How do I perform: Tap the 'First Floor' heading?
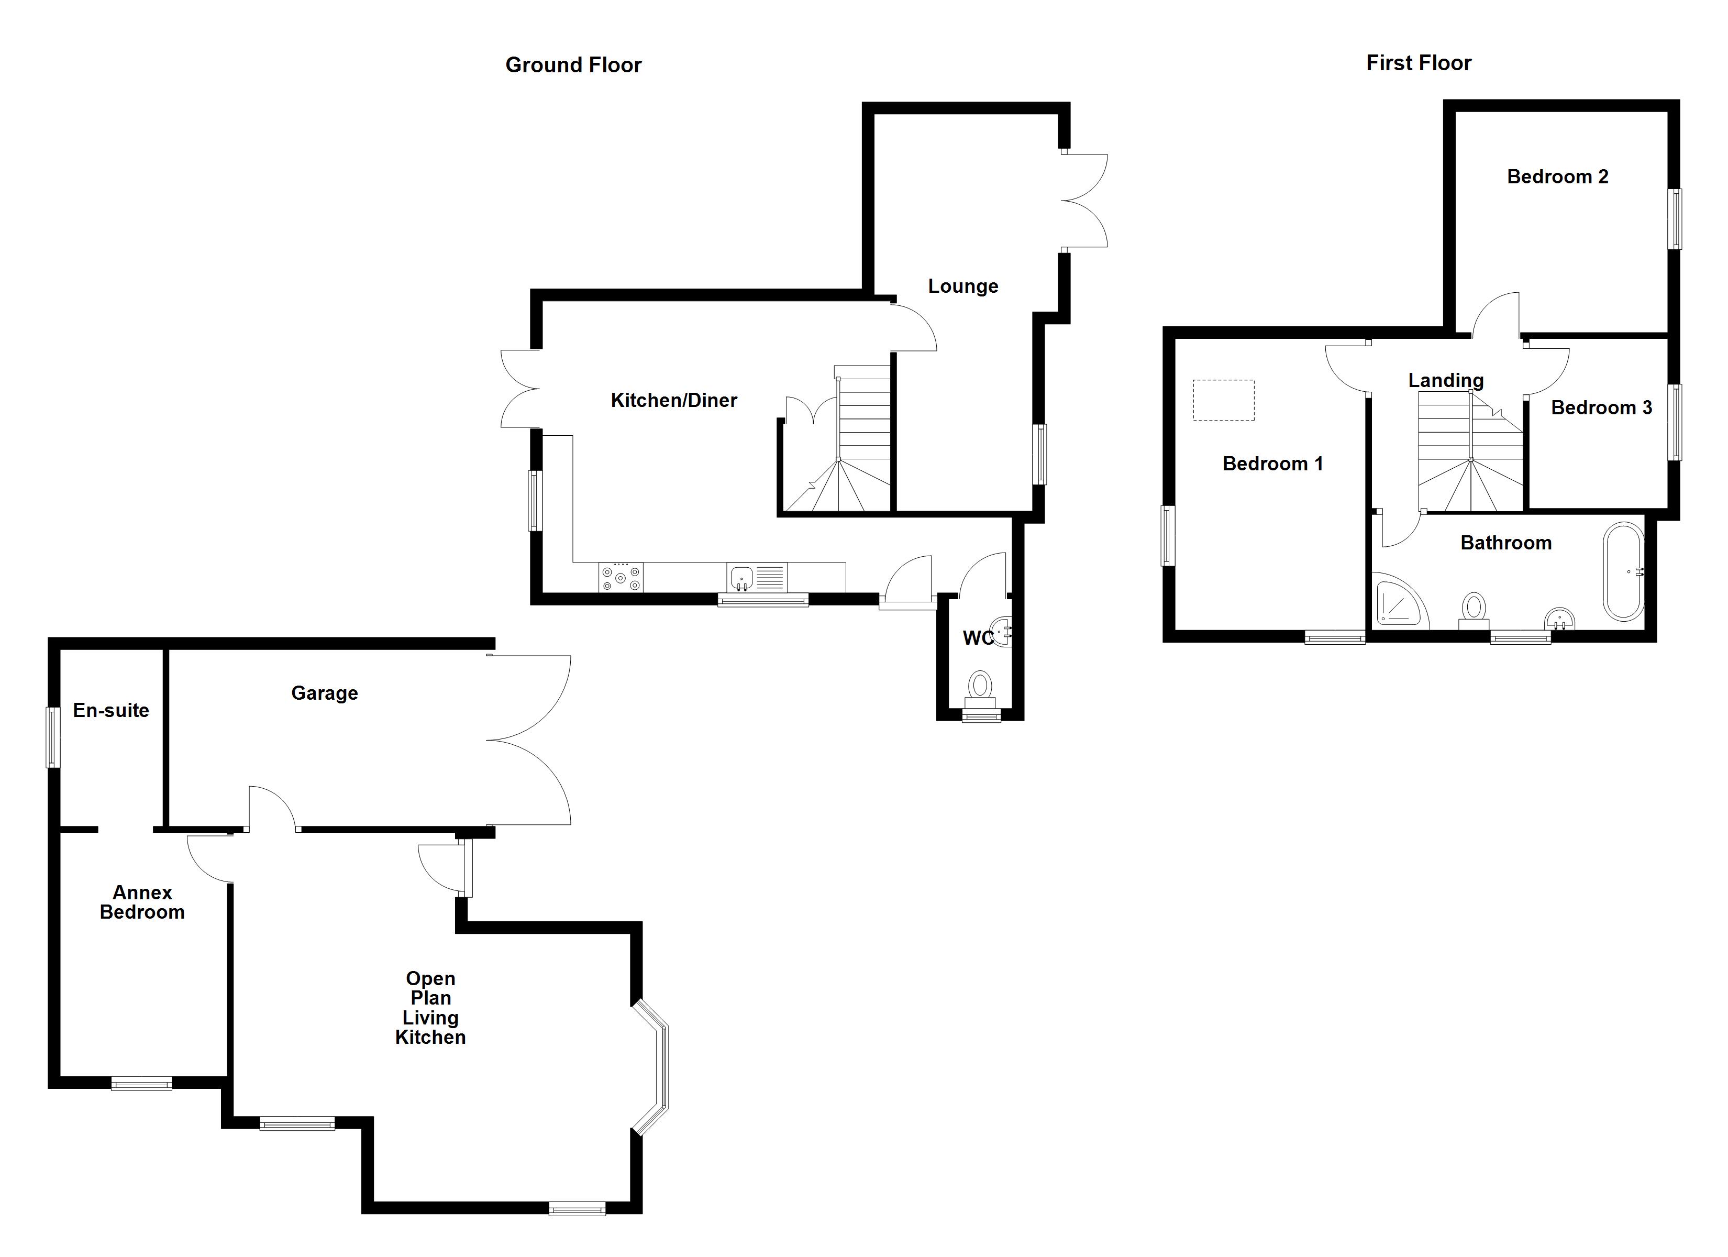click(x=1418, y=63)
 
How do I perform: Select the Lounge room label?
click(x=962, y=286)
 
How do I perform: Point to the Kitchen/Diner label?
click(x=673, y=400)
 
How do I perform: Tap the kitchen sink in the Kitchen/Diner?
click(x=742, y=578)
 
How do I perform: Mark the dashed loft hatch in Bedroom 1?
click(x=1223, y=400)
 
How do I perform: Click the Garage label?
click(x=325, y=693)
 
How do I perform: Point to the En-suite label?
click(x=111, y=710)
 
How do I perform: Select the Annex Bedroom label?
click(x=142, y=902)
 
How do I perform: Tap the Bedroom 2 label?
click(x=1557, y=177)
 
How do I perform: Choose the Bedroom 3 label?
click(x=1601, y=408)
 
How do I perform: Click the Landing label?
click(x=1445, y=380)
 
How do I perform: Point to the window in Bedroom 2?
click(x=1676, y=219)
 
